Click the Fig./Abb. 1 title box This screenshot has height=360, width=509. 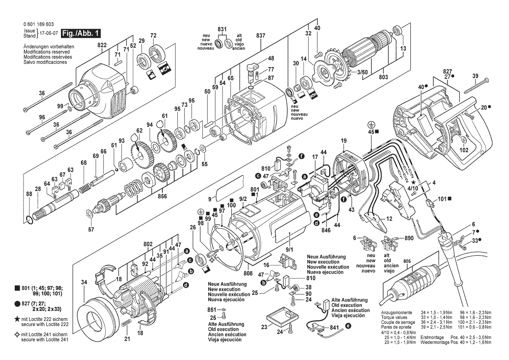pyautogui.click(x=81, y=33)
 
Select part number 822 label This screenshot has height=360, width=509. pyautogui.click(x=102, y=45)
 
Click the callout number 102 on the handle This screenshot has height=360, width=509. pyautogui.click(x=464, y=150)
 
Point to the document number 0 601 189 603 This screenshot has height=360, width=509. pyautogui.click(x=39, y=24)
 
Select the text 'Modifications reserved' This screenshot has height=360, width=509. pyautogui.click(x=47, y=52)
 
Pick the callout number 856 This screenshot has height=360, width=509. pyautogui.click(x=162, y=196)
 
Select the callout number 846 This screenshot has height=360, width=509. pyautogui.click(x=326, y=231)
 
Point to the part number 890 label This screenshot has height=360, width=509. pyautogui.click(x=409, y=238)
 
